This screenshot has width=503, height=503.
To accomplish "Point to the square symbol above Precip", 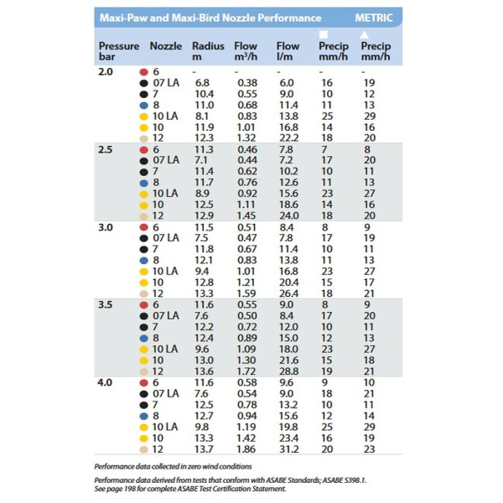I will (324, 34).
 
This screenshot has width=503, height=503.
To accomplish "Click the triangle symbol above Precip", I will (366, 34).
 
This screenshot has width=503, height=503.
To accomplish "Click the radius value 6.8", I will (202, 83).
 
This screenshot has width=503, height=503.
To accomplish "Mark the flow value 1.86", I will (246, 449).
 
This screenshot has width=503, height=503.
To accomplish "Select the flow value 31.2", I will (287, 449).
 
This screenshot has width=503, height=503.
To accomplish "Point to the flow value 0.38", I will (246, 83).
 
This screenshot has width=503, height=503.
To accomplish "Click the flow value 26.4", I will (287, 293).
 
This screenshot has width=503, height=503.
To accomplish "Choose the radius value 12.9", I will (204, 215).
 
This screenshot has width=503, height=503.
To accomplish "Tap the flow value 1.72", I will (246, 371).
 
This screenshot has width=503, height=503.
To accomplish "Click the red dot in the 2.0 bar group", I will (143, 72).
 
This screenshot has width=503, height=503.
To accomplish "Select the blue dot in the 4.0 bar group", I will (143, 415).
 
